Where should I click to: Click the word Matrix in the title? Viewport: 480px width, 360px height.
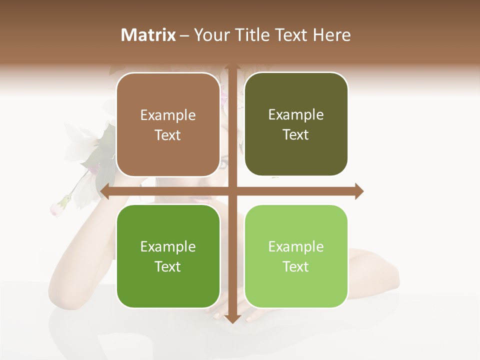click(148, 35)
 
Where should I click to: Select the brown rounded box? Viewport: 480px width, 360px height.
click(168, 125)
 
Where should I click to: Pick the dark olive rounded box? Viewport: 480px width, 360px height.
click(296, 124)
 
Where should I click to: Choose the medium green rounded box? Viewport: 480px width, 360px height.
click(168, 256)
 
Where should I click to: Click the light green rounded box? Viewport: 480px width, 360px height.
click(296, 256)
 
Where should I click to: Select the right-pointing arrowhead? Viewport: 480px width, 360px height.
click(358, 191)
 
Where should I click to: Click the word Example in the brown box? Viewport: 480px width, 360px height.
click(168, 115)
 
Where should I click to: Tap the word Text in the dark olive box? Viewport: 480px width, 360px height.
click(296, 135)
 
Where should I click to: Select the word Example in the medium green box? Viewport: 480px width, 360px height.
click(168, 247)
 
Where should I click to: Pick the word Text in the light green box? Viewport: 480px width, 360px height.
click(296, 266)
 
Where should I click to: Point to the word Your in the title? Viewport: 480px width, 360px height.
click(210, 35)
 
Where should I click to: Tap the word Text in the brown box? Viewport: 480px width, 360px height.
click(168, 135)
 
